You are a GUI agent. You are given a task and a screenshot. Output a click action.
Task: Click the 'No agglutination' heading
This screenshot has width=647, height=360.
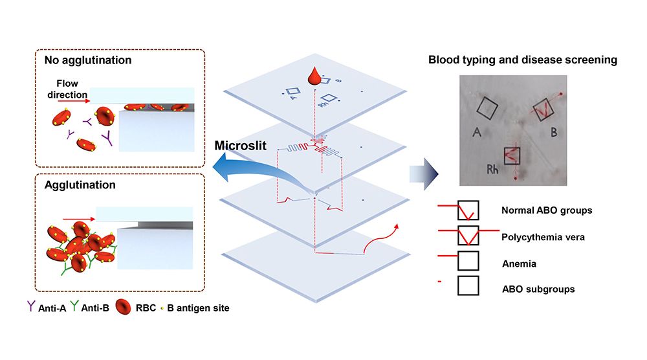coord(87,60)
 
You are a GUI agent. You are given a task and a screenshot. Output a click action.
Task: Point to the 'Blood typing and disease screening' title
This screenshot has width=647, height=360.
coord(522,60)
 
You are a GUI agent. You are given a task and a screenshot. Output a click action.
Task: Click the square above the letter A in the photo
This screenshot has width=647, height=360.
coord(487,108)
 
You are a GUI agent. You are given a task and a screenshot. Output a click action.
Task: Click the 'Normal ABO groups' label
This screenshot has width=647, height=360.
coord(547,210)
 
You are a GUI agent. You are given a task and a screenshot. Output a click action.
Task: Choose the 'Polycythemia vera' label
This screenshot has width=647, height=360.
coord(543,237)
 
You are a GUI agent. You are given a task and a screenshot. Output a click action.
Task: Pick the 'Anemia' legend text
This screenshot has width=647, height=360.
coord(519,264)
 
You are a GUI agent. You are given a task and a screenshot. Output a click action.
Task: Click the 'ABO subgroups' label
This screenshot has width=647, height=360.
coord(538,289)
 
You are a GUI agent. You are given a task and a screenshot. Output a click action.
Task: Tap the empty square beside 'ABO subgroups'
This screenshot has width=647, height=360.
coord(468,286)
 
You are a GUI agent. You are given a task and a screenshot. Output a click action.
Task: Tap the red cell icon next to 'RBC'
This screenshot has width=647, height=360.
coord(123,307)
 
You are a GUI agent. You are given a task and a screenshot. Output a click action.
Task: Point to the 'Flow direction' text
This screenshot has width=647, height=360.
coord(72,89)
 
